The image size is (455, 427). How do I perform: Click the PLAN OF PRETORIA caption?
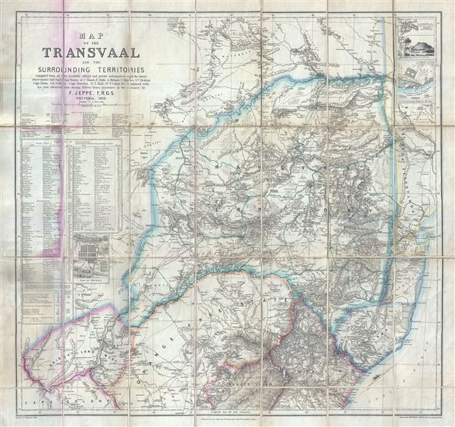pos(90,279)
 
